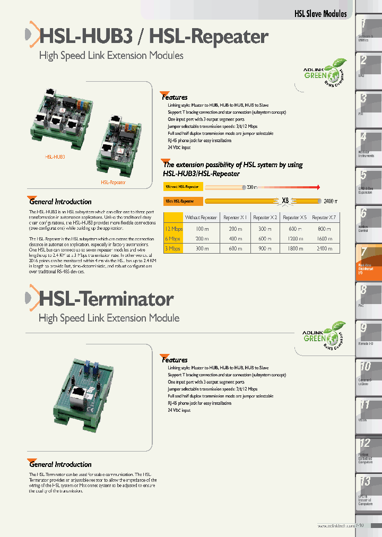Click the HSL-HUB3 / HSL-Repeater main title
[154, 37]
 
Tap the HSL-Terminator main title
[106, 299]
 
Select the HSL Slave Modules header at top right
[320, 14]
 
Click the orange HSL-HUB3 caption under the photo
[55, 157]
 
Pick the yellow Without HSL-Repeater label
[183, 187]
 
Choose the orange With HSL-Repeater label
[183, 202]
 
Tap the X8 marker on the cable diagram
[285, 201]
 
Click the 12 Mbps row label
[173, 228]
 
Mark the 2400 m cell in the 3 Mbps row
[324, 248]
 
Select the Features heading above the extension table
[175, 97]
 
